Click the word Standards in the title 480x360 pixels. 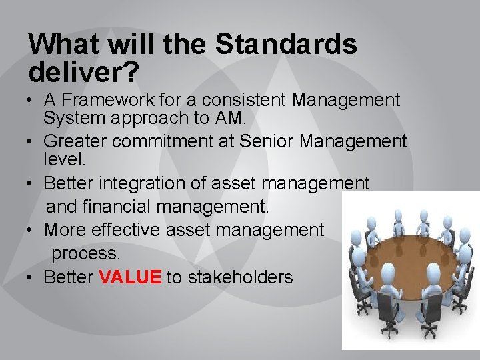click(287, 45)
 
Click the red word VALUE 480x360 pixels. click(130, 277)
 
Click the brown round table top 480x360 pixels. click(407, 264)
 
